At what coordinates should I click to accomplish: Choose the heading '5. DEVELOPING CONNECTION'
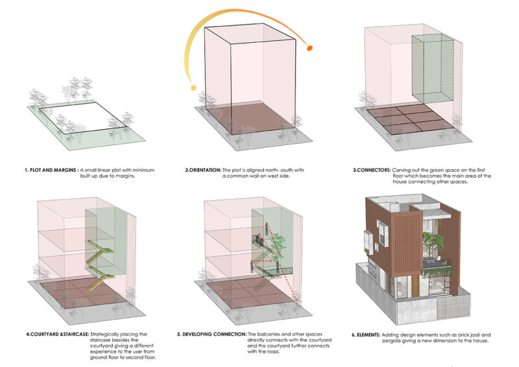coord(210,333)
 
